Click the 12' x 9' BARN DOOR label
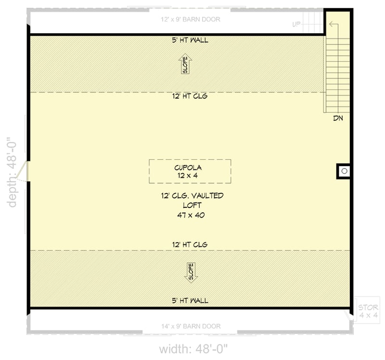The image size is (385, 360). point(190,20)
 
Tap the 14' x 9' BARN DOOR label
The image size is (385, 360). point(191,326)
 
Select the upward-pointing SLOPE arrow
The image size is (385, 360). point(185,64)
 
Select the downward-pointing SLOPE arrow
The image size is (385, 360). point(190,272)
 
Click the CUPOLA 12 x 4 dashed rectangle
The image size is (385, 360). point(190,171)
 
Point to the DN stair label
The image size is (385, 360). point(337,118)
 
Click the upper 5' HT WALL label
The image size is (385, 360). point(190,40)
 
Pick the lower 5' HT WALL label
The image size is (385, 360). point(190,301)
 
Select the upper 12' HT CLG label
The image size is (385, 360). point(190,96)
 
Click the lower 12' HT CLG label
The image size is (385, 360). point(190,245)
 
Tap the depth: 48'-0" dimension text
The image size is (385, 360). point(13,172)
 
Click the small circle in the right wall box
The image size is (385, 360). point(344,171)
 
